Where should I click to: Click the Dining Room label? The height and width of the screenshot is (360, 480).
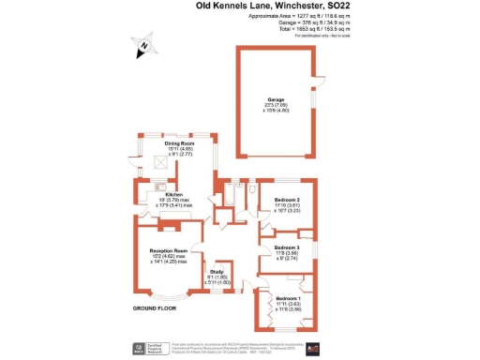tap(180, 143)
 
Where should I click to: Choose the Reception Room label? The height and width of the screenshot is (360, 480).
tap(169, 250)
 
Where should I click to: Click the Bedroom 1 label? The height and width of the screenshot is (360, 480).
tap(287, 297)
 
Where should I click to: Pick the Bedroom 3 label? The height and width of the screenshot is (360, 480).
tap(287, 247)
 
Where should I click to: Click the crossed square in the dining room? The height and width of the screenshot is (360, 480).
tap(160, 162)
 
